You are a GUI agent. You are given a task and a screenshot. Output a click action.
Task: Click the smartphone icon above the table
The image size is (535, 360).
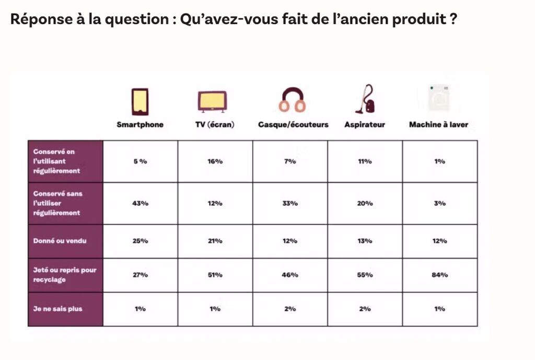pyautogui.click(x=140, y=101)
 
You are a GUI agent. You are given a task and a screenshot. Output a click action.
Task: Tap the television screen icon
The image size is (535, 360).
pyautogui.click(x=212, y=101)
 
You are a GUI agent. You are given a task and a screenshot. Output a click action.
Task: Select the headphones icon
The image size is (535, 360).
pyautogui.click(x=292, y=100)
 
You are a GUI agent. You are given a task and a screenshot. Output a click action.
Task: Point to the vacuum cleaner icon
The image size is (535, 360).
pyautogui.click(x=365, y=99)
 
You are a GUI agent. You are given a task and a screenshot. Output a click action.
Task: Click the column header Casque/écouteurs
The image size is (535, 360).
pyautogui.click(x=293, y=125)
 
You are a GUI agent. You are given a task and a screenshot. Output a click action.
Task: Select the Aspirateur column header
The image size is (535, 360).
pyautogui.click(x=365, y=125)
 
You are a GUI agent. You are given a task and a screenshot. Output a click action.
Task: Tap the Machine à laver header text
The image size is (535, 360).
pyautogui.click(x=438, y=125)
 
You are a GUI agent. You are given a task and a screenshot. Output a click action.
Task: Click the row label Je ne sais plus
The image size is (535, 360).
pyautogui.click(x=57, y=309)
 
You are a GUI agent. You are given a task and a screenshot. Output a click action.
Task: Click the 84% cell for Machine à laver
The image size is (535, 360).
pyautogui.click(x=440, y=275)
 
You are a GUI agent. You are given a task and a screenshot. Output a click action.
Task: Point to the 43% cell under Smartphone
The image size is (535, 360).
pyautogui.click(x=140, y=203)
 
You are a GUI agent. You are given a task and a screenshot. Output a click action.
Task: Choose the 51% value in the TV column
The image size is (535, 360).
pyautogui.click(x=215, y=275)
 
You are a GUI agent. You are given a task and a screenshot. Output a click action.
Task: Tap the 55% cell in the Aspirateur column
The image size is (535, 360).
pyautogui.click(x=365, y=275)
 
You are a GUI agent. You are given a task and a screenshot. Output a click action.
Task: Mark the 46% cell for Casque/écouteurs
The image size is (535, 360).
pyautogui.click(x=290, y=275)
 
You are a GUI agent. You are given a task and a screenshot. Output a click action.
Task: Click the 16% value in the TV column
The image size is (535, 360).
pyautogui.click(x=215, y=161)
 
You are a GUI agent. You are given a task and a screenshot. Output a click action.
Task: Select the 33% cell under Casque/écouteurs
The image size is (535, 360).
pyautogui.click(x=290, y=203)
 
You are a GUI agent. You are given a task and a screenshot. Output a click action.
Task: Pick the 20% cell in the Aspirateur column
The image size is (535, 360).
pyautogui.click(x=365, y=203)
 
